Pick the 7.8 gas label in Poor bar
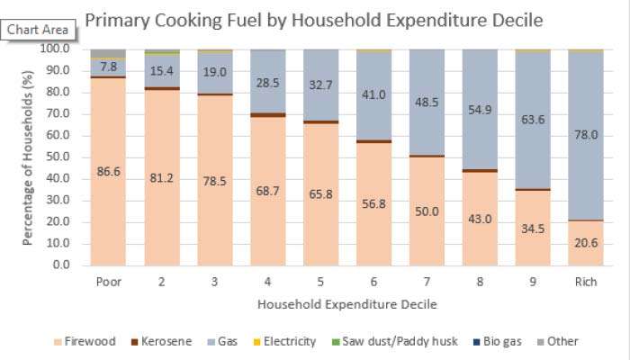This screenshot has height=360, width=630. click(108, 67)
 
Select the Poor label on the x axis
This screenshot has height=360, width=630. click(108, 281)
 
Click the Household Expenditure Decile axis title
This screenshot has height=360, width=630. click(347, 304)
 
